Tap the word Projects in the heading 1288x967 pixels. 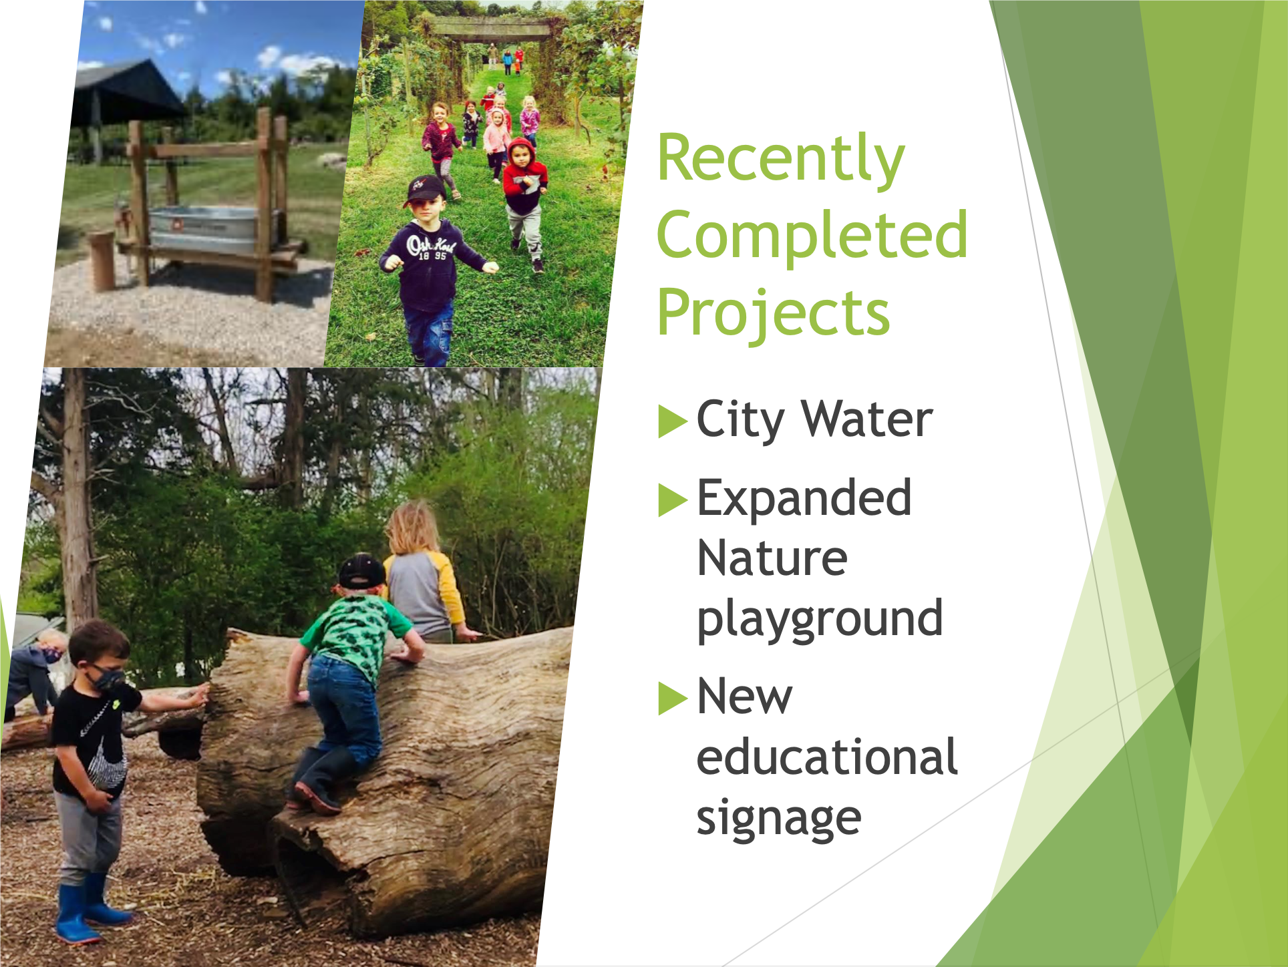(774, 313)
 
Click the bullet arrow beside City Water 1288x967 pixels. (673, 421)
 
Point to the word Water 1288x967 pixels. (867, 419)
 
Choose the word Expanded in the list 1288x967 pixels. (804, 498)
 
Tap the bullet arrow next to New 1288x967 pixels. (673, 698)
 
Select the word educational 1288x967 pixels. (827, 757)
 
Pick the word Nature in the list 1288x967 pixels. (772, 558)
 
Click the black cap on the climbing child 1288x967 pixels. (361, 572)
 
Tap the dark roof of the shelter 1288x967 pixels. (127, 91)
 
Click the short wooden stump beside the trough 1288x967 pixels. (102, 260)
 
